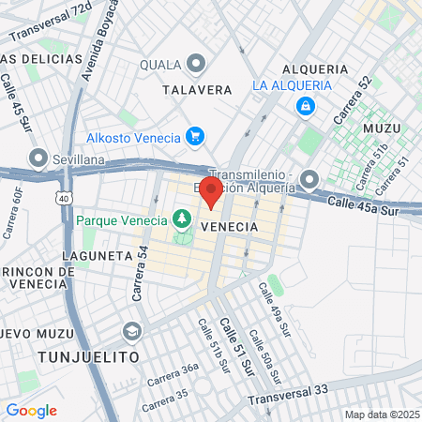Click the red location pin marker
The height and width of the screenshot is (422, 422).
[x=212, y=191]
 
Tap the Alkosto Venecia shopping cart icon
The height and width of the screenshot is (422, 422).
[x=195, y=137]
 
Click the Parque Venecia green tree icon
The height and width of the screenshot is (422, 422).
[x=181, y=219]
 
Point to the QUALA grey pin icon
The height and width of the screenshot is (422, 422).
[x=196, y=64]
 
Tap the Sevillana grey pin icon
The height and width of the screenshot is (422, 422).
[x=38, y=158]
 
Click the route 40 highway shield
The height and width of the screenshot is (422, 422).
[x=63, y=199]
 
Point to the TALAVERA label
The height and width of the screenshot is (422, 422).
[x=197, y=90]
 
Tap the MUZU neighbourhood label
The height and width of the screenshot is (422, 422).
[x=382, y=128]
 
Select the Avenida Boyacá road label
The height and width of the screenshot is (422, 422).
[x=100, y=39]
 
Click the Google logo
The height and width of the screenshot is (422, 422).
[x=31, y=410]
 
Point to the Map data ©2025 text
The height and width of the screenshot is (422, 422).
[x=381, y=414]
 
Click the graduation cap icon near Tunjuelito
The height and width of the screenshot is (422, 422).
[x=132, y=331]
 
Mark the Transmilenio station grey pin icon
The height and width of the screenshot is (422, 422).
[x=310, y=179]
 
